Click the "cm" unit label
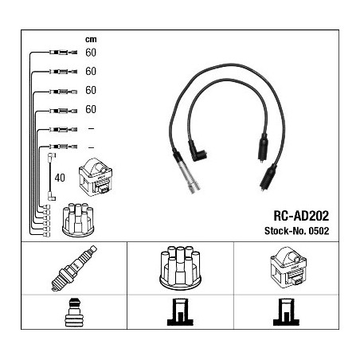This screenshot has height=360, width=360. (91, 40)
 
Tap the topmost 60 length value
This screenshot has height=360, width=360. (91, 53)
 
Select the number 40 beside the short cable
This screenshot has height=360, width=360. (60, 178)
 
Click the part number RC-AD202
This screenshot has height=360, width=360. (301, 216)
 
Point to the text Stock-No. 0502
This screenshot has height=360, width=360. (296, 231)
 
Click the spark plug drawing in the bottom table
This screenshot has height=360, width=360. (74, 268)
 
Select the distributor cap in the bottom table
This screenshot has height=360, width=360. (180, 268)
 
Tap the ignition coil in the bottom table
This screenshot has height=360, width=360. (288, 268)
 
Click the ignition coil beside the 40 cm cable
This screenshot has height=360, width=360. (96, 177)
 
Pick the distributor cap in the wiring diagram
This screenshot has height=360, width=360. (78, 220)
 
